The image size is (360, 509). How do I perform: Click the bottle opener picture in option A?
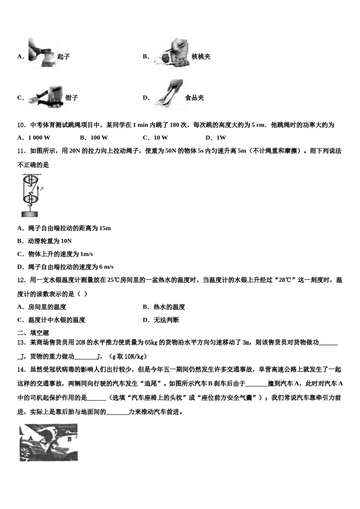[x=42, y=53]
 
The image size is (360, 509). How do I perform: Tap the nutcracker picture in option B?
[x=172, y=53]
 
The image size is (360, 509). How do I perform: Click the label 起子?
[x=64, y=57]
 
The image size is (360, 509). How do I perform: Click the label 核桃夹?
[x=201, y=57]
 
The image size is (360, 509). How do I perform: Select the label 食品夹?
[x=194, y=98]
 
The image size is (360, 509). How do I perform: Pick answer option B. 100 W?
[x=94, y=137]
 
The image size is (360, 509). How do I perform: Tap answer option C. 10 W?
[x=155, y=137]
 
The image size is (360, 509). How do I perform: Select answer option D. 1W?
[x=216, y=137]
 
